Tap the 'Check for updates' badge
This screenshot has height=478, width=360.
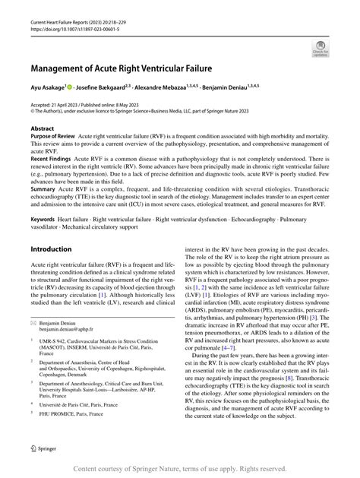tap(319, 50)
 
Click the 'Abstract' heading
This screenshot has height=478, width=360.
tap(42, 128)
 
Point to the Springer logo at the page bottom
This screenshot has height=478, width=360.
tap(49, 449)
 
